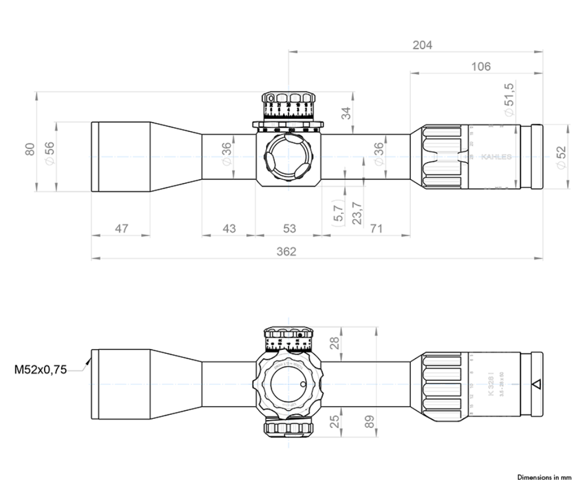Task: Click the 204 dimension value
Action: (x=422, y=45)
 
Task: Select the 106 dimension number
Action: (x=480, y=67)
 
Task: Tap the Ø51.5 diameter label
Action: (x=510, y=99)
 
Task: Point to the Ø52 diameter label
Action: (x=561, y=157)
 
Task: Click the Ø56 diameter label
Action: (x=50, y=153)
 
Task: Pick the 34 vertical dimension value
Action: (x=346, y=113)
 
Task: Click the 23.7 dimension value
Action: (x=356, y=212)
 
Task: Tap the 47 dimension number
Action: (x=121, y=229)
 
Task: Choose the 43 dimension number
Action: (x=229, y=229)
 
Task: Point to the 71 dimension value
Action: (x=375, y=229)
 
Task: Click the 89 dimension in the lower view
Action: (x=370, y=422)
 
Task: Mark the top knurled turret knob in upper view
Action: (x=289, y=98)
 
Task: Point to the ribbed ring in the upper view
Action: (x=442, y=156)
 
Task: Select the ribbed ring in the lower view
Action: (x=442, y=386)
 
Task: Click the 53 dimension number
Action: (x=289, y=229)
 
